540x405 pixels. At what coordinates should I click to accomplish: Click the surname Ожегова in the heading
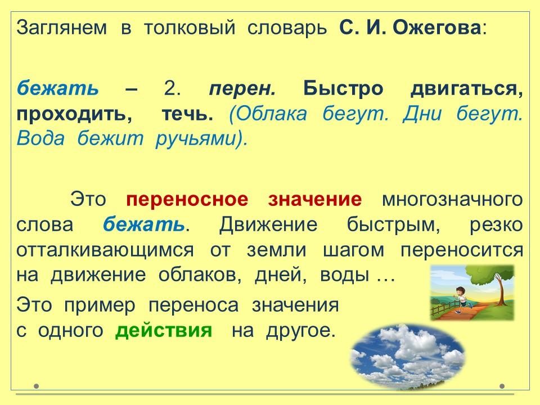pyautogui.click(x=436, y=28)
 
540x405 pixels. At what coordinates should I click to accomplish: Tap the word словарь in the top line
pyautogui.click(x=287, y=28)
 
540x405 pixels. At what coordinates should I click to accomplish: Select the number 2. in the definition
pyautogui.click(x=173, y=88)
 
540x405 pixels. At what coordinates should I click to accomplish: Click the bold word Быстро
pyautogui.click(x=343, y=89)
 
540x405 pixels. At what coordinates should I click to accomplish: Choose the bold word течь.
pyautogui.click(x=187, y=114)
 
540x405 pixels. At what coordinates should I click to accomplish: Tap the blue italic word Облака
pyautogui.click(x=268, y=114)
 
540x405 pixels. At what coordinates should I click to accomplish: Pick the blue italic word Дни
pyautogui.click(x=422, y=113)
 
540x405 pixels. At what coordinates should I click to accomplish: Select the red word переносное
pyautogui.click(x=187, y=200)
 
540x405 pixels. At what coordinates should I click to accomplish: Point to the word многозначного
pyautogui.click(x=452, y=200)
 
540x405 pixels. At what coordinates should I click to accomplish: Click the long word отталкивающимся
pyautogui.click(x=105, y=250)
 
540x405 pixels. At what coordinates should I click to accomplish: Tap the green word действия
pyautogui.click(x=164, y=331)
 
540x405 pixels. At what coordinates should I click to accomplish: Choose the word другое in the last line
pyautogui.click(x=300, y=331)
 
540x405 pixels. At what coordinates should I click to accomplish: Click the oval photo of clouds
pyautogui.click(x=407, y=357)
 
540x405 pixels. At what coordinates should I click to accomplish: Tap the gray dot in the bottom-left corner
pyautogui.click(x=37, y=386)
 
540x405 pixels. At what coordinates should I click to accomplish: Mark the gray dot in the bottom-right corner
pyautogui.click(x=502, y=386)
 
